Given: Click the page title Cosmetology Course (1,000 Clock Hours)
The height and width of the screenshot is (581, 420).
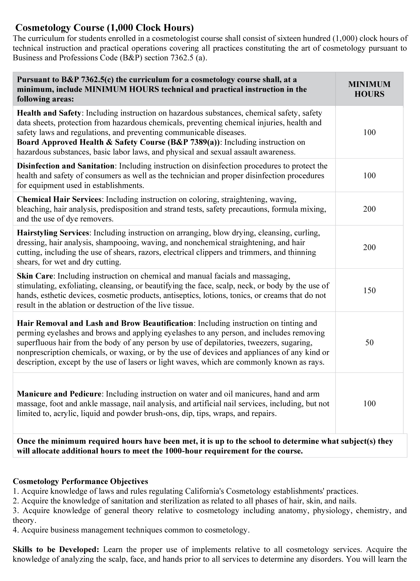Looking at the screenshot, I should click(104, 28).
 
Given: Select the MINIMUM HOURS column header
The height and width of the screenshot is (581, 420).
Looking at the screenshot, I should click(369, 89).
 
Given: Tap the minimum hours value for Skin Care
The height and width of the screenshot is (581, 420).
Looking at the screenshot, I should click(369, 290).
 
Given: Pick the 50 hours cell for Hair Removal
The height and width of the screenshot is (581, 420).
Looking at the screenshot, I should click(369, 343).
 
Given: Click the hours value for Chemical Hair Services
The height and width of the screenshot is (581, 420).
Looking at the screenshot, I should click(369, 209).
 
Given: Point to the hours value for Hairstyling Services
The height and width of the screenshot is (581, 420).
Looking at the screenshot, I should click(369, 247).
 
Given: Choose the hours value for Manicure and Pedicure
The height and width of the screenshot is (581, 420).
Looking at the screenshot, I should click(369, 404).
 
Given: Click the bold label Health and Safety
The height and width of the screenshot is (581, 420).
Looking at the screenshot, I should click(49, 113).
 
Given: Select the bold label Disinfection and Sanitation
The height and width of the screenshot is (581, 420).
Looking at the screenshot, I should click(66, 166).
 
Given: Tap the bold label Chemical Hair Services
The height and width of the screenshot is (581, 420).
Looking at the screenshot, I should click(59, 199).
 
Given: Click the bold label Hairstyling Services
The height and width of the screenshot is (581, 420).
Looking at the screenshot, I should click(53, 233).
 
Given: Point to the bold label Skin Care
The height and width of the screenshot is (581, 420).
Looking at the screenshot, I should click(35, 276).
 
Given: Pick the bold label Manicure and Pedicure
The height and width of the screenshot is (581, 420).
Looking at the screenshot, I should click(59, 394).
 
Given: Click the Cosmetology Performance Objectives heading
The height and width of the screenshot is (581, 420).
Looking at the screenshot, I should click(80, 481).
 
